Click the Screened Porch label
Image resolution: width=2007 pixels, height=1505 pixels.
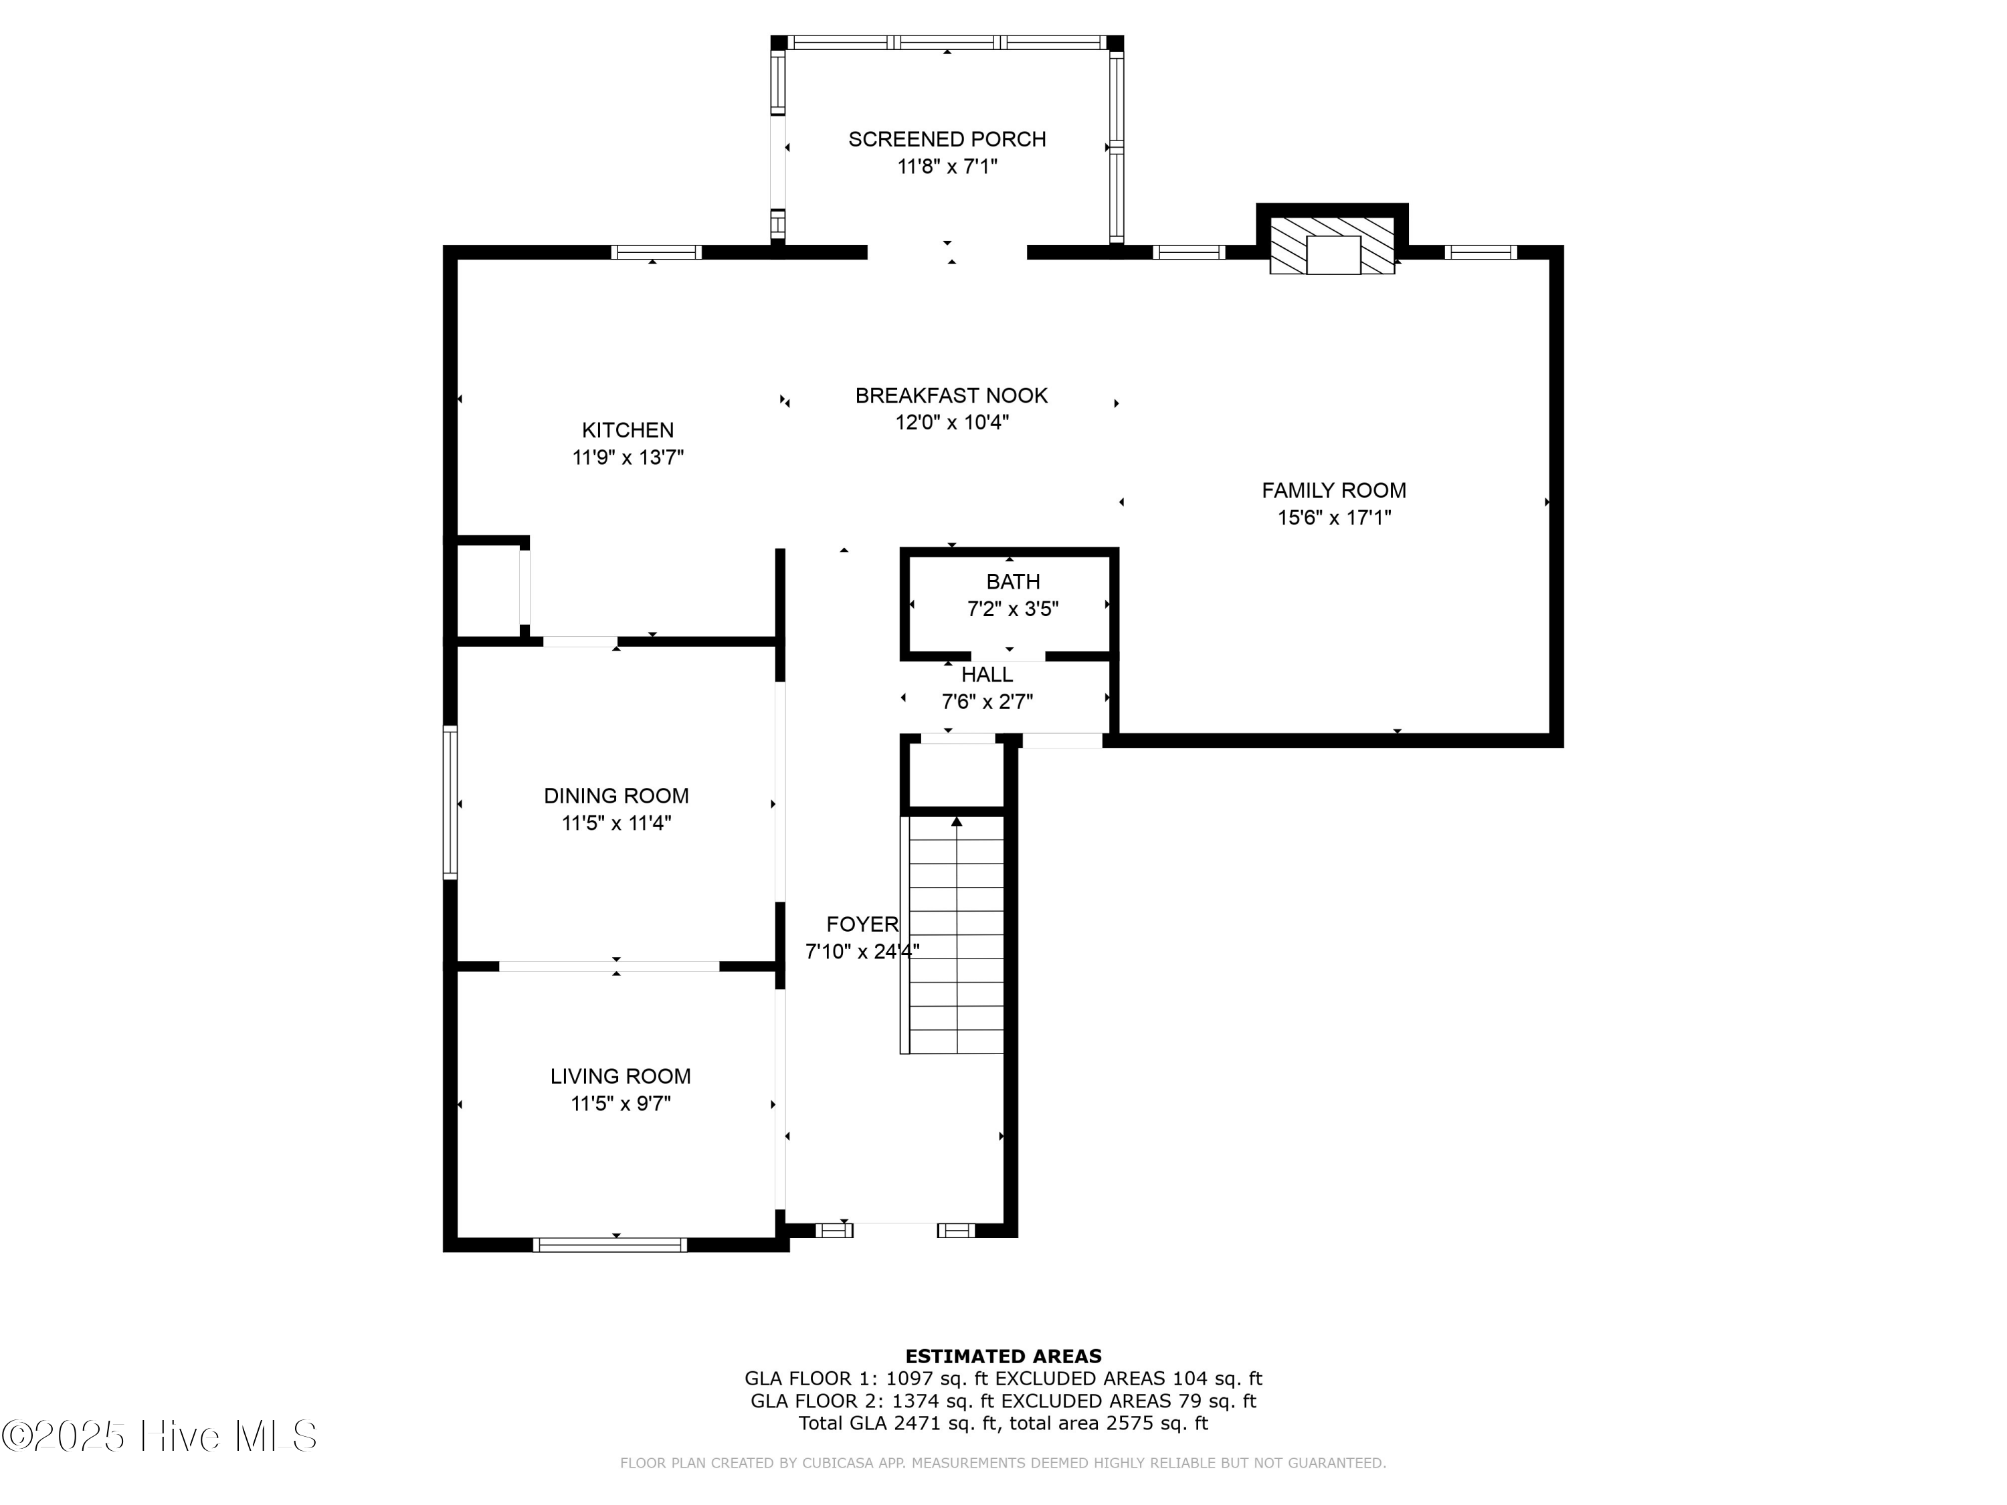(947, 140)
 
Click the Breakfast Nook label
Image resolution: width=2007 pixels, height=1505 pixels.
(951, 395)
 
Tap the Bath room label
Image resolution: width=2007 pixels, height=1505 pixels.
(1013, 581)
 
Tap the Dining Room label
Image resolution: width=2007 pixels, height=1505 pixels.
(616, 795)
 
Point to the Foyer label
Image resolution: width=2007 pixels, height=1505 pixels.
(861, 924)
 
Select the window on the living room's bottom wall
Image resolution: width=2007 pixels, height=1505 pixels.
(609, 1245)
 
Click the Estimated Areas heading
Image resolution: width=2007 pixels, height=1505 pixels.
(1003, 1357)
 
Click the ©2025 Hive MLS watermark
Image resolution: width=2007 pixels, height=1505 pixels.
(159, 1436)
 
